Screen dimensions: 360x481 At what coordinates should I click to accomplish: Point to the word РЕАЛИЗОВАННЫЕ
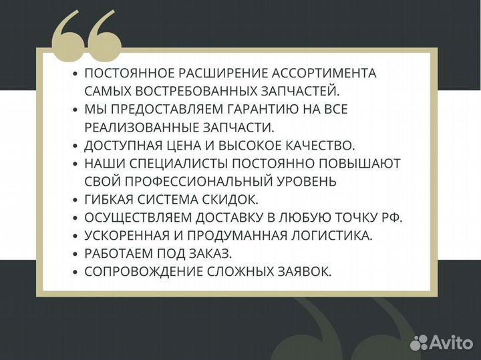(138, 127)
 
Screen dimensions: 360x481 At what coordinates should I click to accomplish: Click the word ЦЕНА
(184, 145)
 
